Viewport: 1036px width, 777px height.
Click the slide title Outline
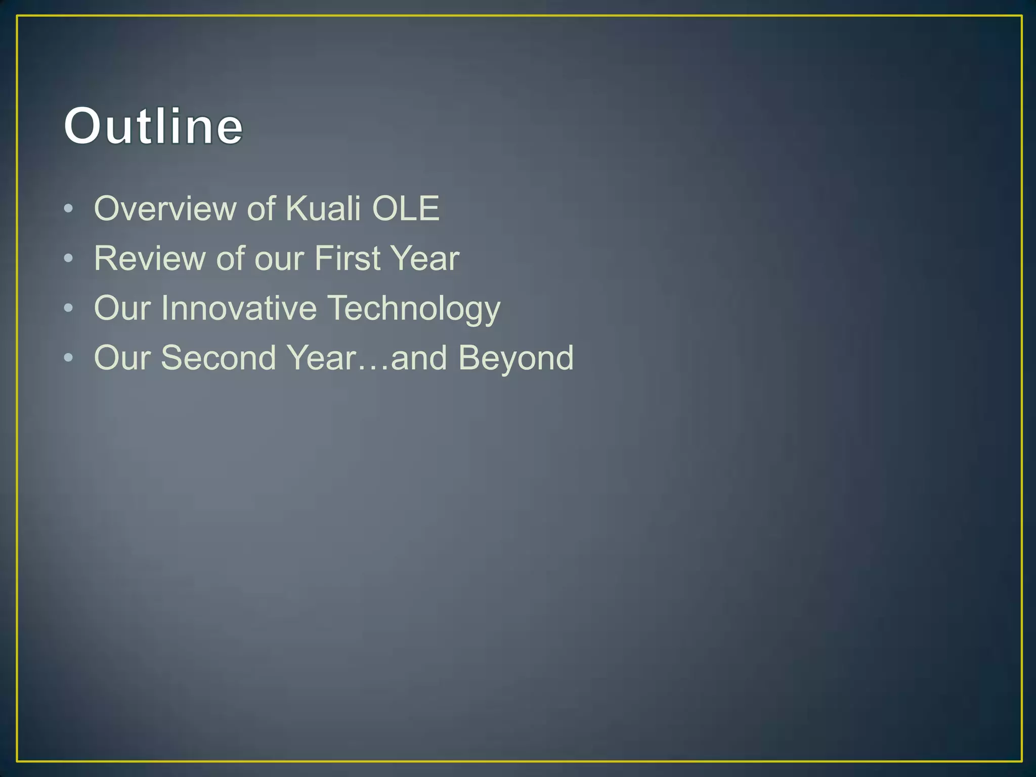coord(153,126)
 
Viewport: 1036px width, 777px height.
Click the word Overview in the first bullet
coord(164,208)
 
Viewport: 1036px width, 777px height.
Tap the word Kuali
coord(323,208)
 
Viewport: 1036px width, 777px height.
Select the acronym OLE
coord(405,208)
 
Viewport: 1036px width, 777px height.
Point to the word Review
coord(149,258)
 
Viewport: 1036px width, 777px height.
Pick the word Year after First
coord(425,258)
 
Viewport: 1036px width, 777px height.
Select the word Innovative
coord(239,308)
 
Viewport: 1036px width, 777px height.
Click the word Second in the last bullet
coord(218,358)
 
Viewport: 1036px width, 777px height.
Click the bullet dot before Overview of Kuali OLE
coord(69,209)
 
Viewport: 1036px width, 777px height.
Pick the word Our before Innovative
coord(122,308)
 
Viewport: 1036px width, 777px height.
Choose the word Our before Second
coord(122,358)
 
